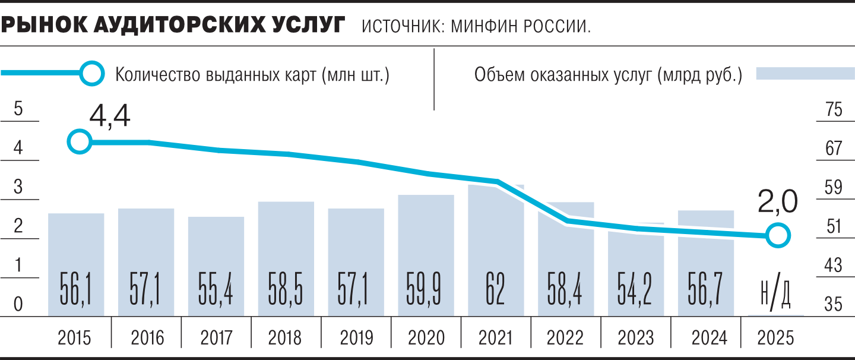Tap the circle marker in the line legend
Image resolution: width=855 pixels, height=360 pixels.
(92, 74)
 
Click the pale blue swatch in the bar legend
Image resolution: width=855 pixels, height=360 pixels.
(804, 74)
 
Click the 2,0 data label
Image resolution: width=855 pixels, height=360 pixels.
(778, 202)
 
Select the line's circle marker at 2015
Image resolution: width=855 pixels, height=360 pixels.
(80, 142)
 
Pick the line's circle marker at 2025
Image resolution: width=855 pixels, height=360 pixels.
(778, 236)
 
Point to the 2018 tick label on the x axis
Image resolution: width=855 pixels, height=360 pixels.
(285, 338)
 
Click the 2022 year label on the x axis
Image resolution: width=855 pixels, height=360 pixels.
(565, 338)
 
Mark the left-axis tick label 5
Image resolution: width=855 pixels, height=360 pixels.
(18, 110)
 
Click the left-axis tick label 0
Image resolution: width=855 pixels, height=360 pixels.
(18, 304)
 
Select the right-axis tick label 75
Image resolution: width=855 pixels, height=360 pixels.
(834, 110)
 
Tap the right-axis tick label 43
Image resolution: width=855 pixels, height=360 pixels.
(834, 266)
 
